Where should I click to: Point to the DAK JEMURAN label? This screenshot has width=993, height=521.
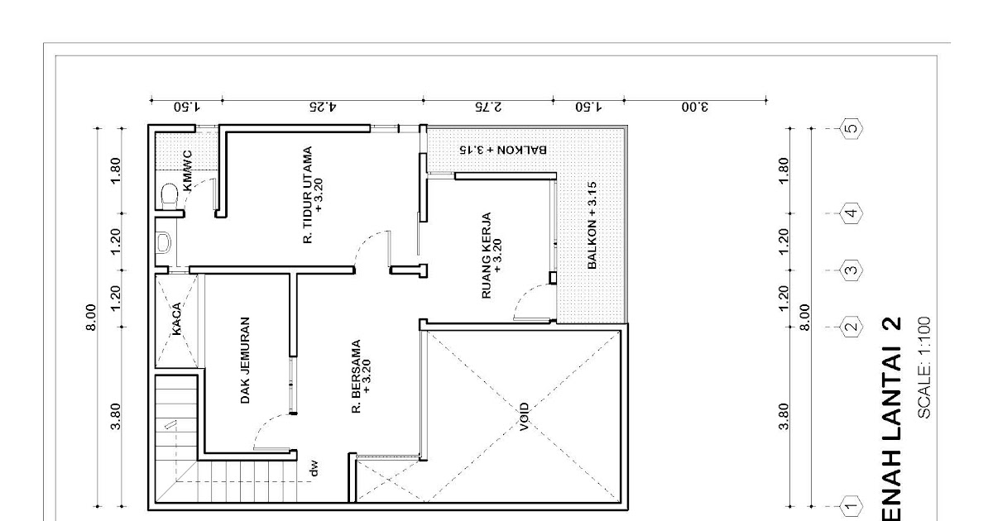245,361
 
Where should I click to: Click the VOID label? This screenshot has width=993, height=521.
524,417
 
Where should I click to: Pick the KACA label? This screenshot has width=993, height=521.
176,319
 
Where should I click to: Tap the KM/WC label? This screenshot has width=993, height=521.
188,171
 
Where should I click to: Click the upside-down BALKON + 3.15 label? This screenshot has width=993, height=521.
503,150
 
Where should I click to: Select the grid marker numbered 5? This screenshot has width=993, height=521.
851,128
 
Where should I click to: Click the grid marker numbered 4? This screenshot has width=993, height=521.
851,213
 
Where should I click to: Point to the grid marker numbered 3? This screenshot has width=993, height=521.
851,270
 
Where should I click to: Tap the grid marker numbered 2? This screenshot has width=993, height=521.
851,327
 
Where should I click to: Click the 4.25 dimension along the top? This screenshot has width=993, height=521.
322,108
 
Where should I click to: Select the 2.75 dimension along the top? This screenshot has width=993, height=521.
488,108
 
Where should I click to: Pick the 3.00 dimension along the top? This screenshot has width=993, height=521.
694,108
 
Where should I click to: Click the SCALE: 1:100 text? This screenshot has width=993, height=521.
923,368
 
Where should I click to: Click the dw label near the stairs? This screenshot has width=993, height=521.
314,469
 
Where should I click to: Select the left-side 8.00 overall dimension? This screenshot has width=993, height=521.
91,318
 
